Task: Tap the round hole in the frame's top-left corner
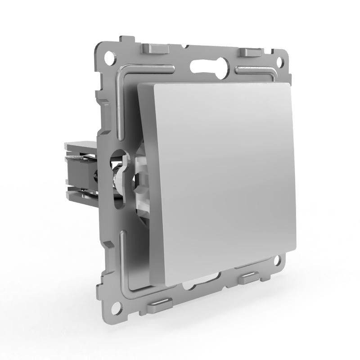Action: (x=108, y=58)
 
